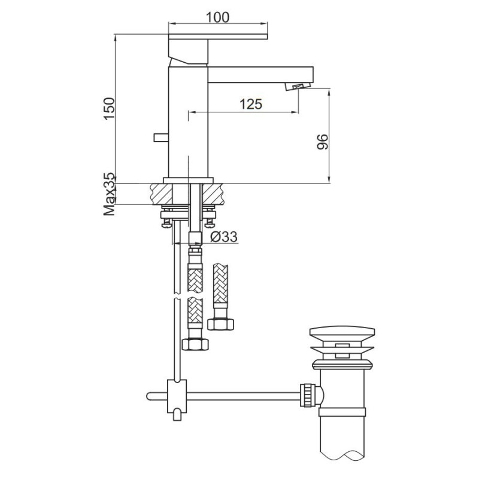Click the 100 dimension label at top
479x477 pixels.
point(217,17)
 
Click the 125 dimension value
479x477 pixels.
point(250,104)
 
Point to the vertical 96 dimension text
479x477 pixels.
point(322,142)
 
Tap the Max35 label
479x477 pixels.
point(108,194)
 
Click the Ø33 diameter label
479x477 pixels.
point(225,237)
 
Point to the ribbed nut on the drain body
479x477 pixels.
point(309,395)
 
